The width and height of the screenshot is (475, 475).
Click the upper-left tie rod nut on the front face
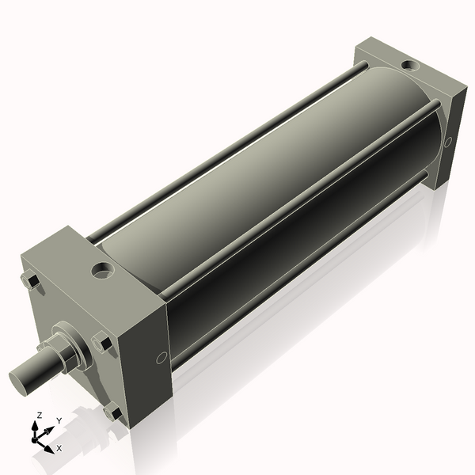29,281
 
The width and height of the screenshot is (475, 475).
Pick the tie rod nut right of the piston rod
103,344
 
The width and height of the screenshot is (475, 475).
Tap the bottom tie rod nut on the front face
113,412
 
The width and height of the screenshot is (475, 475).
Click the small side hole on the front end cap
161,357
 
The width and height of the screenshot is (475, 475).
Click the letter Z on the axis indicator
39,415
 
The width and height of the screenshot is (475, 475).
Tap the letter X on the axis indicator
59,448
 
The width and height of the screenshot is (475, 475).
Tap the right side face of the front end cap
154,348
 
